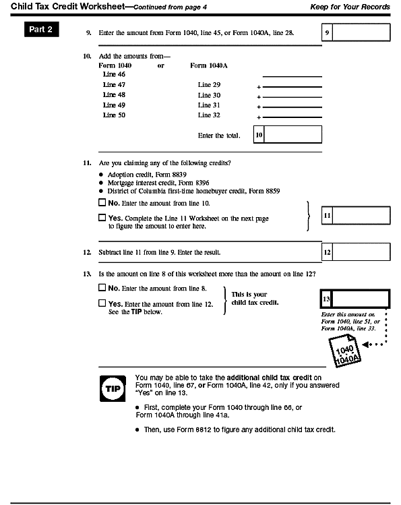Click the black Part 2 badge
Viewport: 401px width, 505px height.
pos(42,30)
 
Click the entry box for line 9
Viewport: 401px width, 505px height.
pos(361,32)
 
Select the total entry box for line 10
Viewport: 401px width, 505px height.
pos(292,135)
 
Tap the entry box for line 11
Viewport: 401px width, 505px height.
pos(361,216)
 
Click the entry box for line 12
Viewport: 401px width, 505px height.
pos(361,252)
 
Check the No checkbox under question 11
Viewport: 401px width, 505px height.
pos(102,203)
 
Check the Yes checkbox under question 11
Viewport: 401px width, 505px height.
pos(102,218)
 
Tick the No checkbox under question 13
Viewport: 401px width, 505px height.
pos(102,288)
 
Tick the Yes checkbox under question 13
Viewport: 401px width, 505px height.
pos(102,303)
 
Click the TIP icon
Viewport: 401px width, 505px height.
pos(111,390)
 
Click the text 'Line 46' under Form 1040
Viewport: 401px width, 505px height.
pos(114,74)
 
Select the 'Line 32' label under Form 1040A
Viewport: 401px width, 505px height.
pos(209,115)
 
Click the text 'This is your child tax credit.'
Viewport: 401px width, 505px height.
pos(249,298)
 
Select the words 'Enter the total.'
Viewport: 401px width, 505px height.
pos(219,136)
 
